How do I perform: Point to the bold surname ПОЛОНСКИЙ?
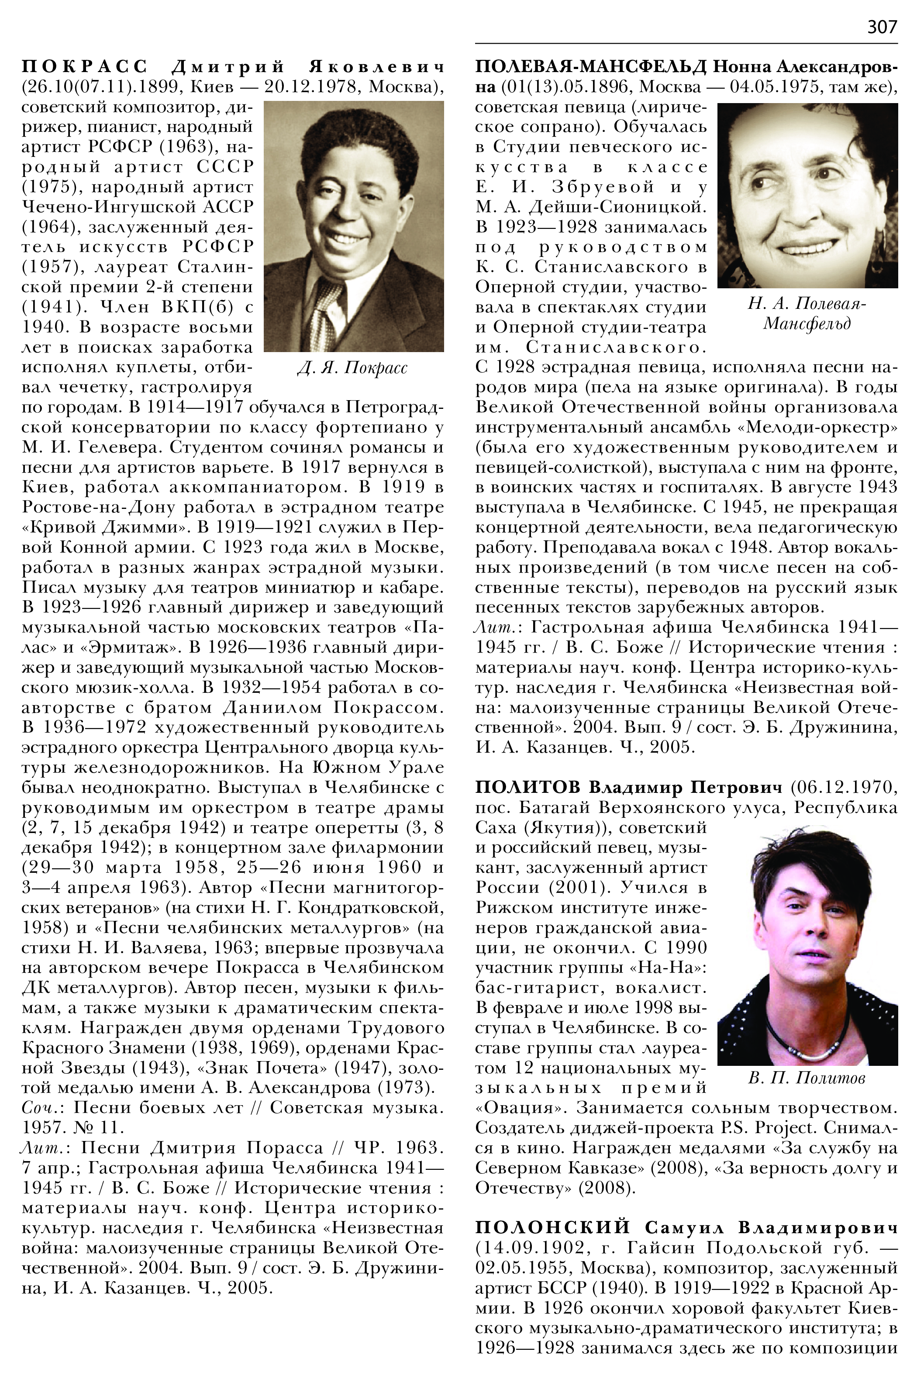[553, 1227]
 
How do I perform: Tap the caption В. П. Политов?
[807, 1078]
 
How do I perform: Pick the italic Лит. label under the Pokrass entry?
[41, 1147]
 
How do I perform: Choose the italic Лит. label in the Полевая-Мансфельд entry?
[494, 628]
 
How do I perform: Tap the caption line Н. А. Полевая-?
[807, 304]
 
